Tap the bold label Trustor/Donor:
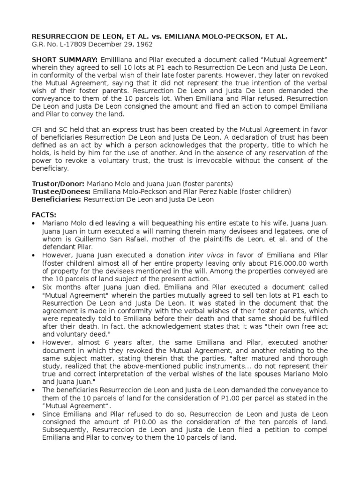point(58,183)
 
